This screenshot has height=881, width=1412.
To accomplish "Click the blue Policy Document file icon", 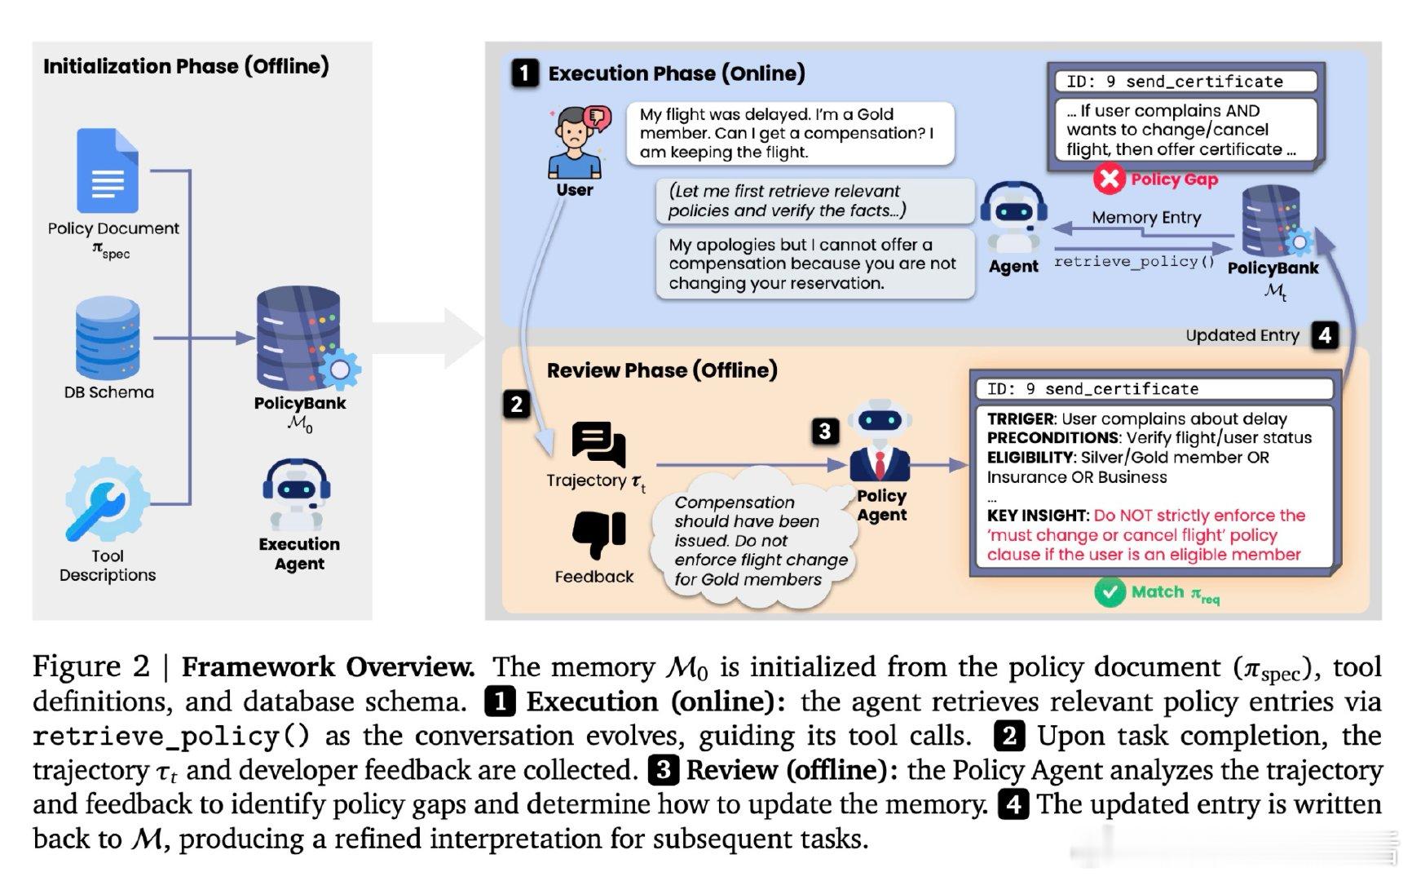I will click(108, 171).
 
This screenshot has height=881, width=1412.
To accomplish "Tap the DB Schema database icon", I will click(108, 338).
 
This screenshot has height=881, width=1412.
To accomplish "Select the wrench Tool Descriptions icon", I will click(107, 500).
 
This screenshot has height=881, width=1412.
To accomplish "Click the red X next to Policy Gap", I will click(1110, 179).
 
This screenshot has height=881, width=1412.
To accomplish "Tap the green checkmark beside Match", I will click(1110, 592).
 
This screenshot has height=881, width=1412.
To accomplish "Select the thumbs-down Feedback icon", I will click(598, 534).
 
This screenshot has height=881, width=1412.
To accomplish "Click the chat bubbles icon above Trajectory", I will click(598, 445).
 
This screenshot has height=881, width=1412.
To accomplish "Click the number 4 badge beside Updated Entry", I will click(1325, 334).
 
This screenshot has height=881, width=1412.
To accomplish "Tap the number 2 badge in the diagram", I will click(516, 404).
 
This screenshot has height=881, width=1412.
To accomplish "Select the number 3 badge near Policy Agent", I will click(824, 431).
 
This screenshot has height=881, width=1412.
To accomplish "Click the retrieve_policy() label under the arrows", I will click(1134, 261).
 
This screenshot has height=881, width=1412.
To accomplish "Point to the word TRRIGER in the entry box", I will click(1021, 419).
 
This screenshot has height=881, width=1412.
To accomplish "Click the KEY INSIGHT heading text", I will click(1038, 516).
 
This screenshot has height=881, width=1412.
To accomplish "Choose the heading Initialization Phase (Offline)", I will click(186, 66).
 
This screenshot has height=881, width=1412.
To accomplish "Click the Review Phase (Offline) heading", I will click(662, 370).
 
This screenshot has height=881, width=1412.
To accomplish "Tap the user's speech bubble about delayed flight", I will click(789, 133).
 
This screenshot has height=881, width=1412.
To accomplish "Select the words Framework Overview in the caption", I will click(328, 667).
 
